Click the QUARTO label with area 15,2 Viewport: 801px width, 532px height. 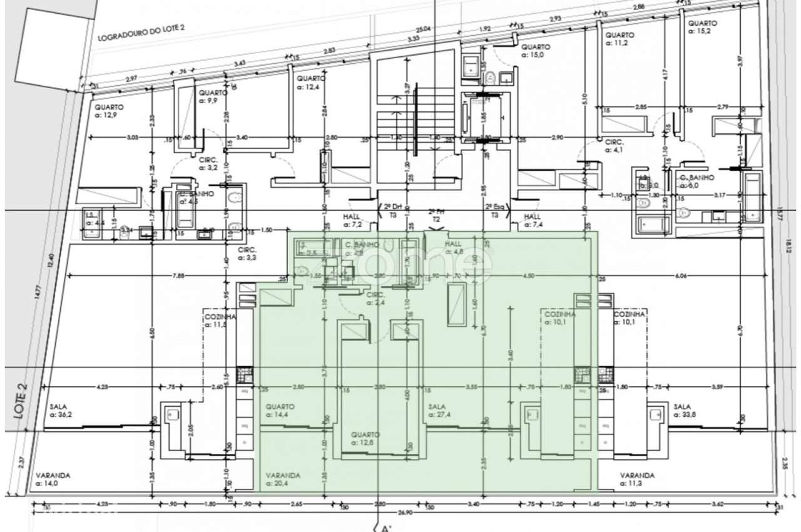tap(703, 27)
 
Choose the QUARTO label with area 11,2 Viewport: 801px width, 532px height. tap(620, 39)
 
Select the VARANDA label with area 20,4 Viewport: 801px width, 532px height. tap(283, 479)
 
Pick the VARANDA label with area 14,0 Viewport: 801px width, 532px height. tap(53, 479)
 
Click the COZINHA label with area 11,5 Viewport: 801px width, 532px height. tap(219, 320)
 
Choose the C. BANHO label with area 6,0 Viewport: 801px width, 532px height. tap(697, 181)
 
